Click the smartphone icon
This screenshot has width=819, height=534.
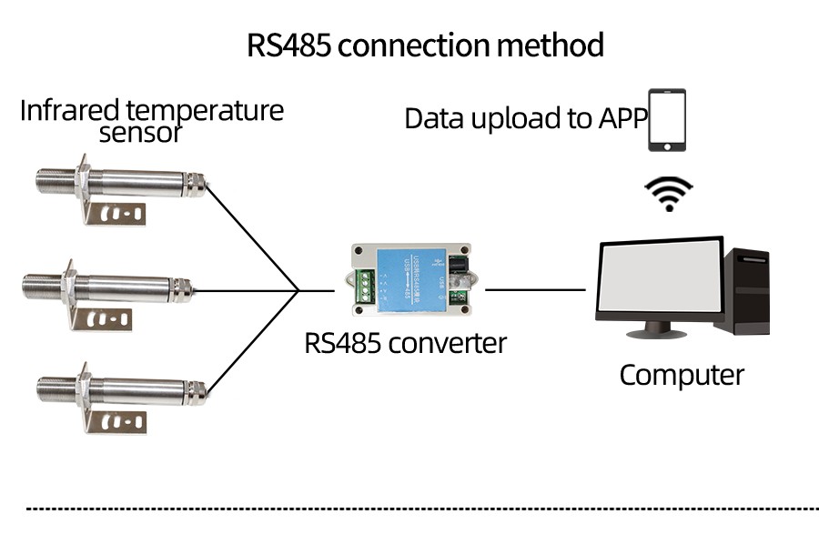(x=666, y=120)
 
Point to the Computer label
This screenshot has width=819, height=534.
(x=682, y=375)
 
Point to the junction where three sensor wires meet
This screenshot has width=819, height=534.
(x=299, y=291)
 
